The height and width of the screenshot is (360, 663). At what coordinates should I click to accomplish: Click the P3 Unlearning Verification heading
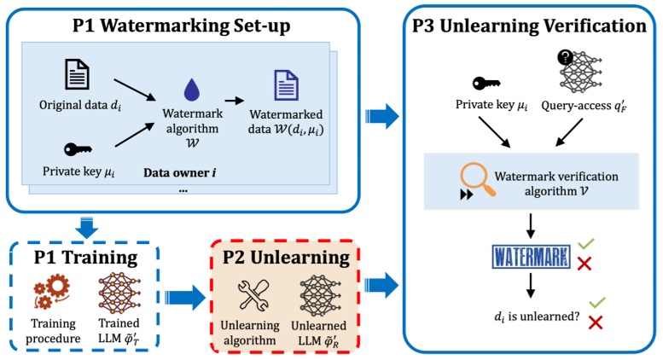click(x=528, y=25)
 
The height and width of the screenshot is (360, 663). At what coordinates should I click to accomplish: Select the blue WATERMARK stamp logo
click(x=532, y=255)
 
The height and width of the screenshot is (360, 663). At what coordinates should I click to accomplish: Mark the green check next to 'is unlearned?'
click(x=596, y=301)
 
